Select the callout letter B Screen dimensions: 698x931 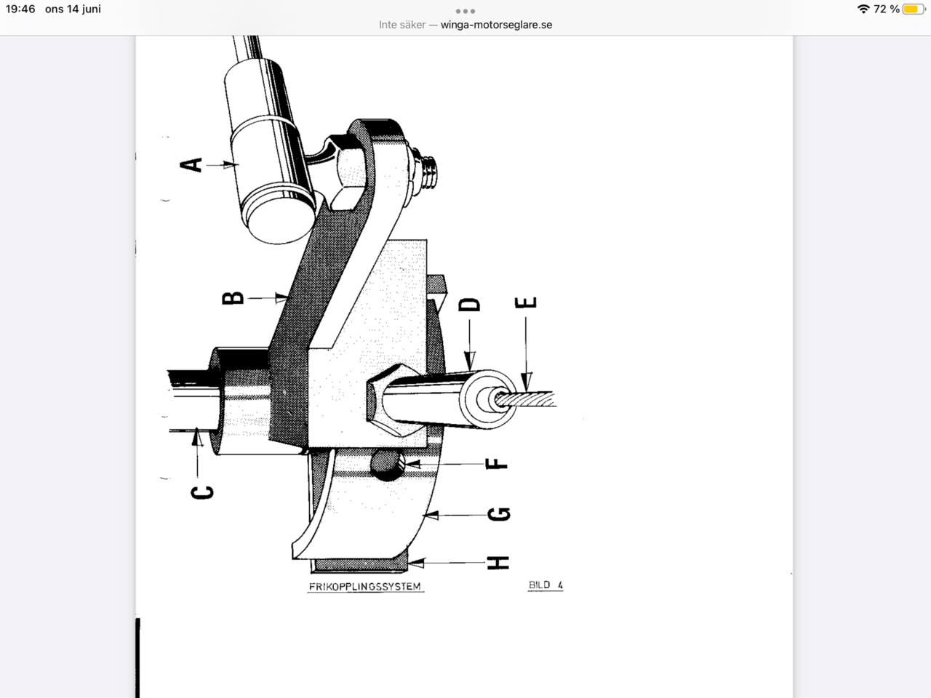coord(233,297)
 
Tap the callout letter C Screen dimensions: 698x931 coord(203,492)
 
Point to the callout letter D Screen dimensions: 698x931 coord(471,303)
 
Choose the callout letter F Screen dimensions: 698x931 coord(497,463)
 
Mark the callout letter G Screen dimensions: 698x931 coord(499,515)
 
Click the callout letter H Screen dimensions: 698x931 coord(498,562)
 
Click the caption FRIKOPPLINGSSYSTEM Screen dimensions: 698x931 coord(364,586)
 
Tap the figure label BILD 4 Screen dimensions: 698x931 coord(546,585)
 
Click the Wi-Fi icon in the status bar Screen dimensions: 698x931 coord(863,9)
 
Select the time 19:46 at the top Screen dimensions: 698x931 coord(20,9)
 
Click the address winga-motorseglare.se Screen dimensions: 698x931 coord(496,25)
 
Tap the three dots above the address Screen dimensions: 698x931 coord(465,11)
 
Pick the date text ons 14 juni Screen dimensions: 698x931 coord(73,9)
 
